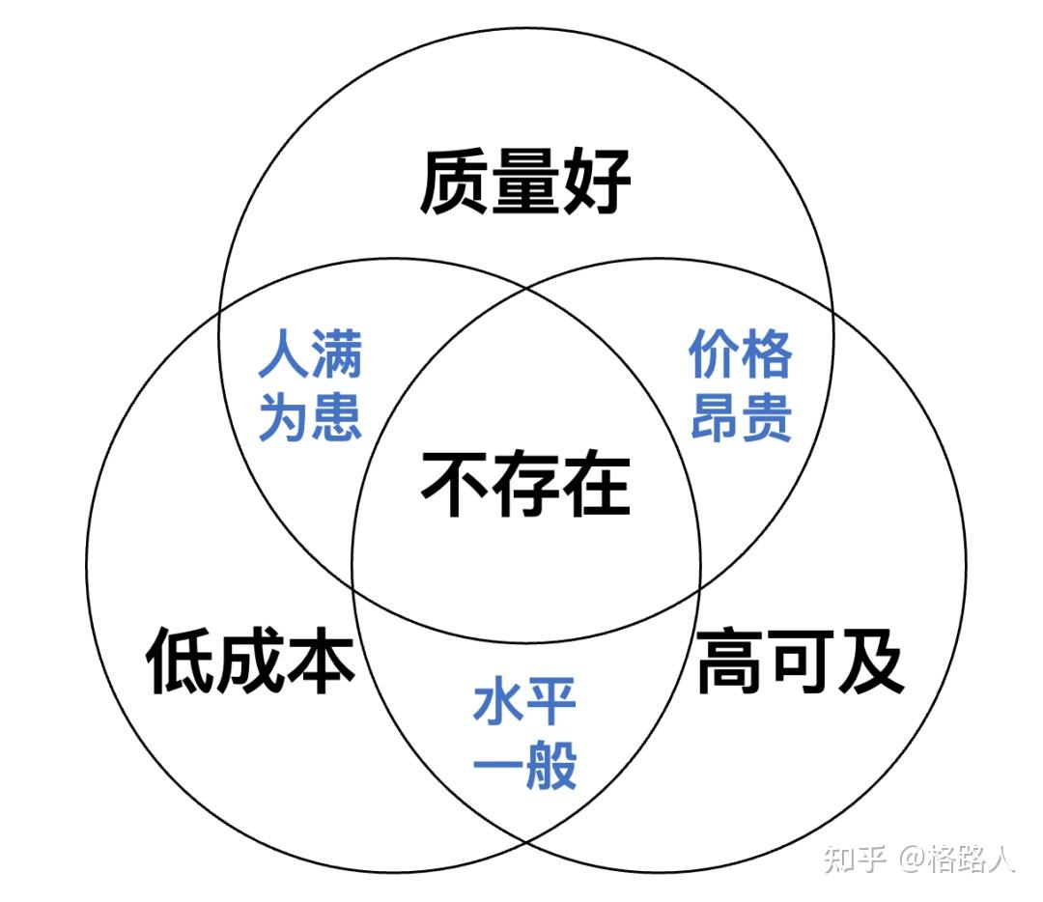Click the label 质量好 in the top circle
pos(525,181)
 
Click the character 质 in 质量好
pos(455,181)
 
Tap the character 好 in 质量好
pos(597,181)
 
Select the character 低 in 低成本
pos(180,662)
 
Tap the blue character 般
pos(551,765)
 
